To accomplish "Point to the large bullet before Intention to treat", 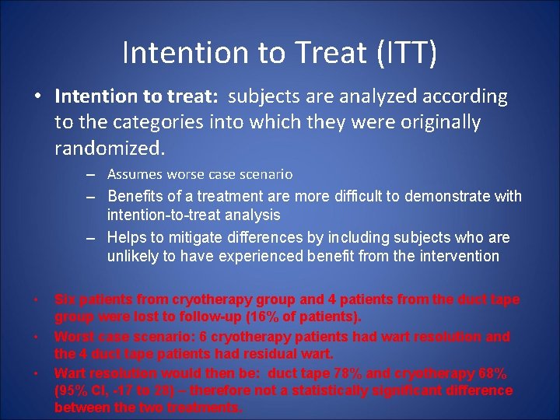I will click(37, 97).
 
